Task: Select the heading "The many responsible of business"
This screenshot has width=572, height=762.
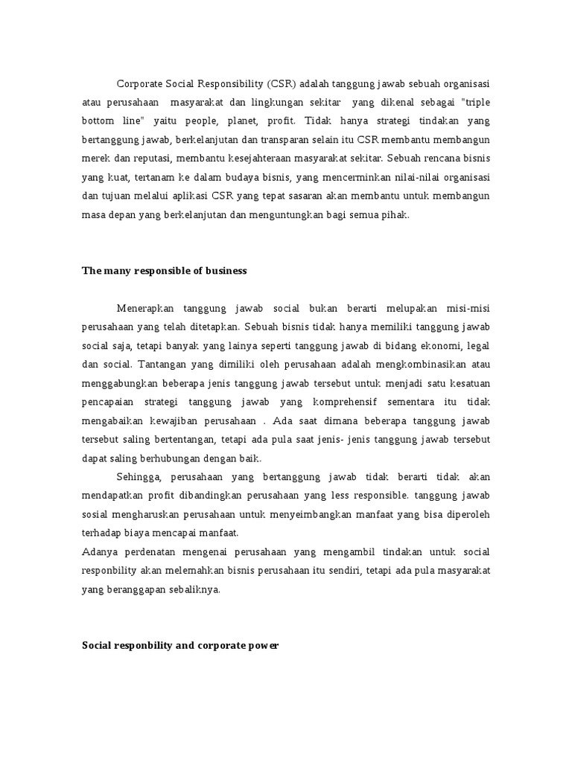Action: (x=164, y=271)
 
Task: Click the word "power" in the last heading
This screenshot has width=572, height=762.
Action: (x=264, y=646)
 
